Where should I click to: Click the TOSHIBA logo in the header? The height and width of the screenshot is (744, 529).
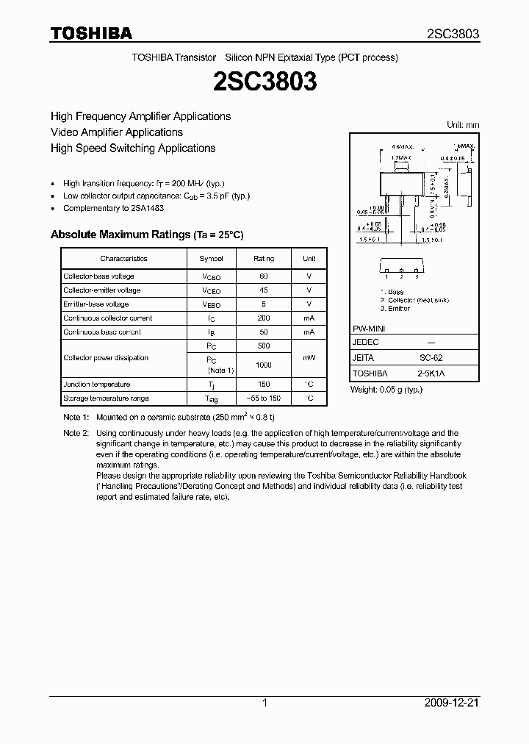(91, 33)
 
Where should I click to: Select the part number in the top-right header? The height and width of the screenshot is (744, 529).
(453, 34)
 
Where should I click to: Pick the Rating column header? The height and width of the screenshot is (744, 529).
(264, 259)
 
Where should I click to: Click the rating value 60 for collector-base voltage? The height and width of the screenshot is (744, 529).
(264, 276)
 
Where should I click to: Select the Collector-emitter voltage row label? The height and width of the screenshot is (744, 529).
(101, 290)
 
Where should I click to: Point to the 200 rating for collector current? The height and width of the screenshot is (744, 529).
(264, 318)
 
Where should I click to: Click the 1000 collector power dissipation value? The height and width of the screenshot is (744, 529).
(264, 365)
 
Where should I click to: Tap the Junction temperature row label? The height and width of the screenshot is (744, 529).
(96, 384)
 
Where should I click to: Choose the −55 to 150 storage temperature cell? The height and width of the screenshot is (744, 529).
(264, 398)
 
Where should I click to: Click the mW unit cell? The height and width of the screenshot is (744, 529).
(309, 358)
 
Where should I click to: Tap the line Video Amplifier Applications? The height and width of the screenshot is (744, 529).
(116, 132)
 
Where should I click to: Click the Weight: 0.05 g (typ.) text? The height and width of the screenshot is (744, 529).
(387, 389)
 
